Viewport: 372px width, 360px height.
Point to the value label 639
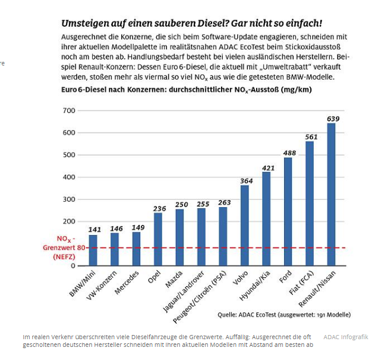pyautogui.click(x=333, y=119)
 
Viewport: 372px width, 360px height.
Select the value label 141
pyautogui.click(x=94, y=230)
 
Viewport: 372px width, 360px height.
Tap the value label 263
pyautogui.click(x=223, y=202)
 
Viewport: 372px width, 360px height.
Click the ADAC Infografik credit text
pyautogui.click(x=346, y=337)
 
